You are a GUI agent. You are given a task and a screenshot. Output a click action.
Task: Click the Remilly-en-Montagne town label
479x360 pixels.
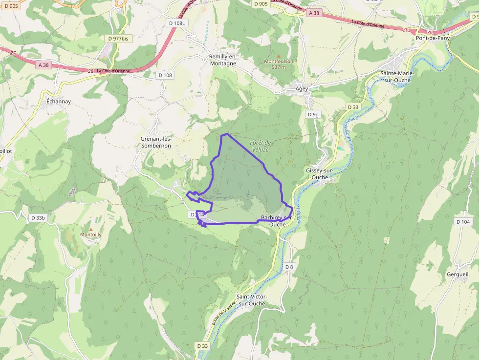point(222,60)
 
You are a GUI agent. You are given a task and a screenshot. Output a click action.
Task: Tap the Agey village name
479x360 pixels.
point(302,89)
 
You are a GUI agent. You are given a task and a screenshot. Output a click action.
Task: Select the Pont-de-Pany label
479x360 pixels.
point(433,38)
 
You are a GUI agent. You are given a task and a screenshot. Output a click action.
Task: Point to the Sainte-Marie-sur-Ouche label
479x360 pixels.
point(397,77)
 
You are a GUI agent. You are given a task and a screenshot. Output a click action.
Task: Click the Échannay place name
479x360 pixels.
point(59,102)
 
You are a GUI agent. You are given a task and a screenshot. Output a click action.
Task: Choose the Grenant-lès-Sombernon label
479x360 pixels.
point(156,142)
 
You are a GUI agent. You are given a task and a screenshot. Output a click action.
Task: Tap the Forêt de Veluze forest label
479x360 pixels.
point(260,146)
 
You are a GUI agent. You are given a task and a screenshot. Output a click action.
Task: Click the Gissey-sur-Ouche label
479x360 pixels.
point(320,173)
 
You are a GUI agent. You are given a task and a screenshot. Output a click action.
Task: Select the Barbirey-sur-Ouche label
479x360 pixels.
point(277,221)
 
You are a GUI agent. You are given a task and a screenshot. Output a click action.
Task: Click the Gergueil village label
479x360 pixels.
point(457,274)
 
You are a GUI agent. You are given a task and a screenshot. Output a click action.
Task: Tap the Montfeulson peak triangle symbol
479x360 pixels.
point(279,56)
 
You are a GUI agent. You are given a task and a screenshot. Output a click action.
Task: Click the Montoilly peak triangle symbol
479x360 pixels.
point(90,229)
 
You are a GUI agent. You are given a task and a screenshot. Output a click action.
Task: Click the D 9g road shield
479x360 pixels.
point(313,114)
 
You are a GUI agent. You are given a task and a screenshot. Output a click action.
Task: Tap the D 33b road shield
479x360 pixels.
point(38,218)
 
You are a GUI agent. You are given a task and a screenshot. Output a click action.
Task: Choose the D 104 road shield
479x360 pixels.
point(463,222)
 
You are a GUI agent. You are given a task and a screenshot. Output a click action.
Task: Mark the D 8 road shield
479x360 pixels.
point(289,267)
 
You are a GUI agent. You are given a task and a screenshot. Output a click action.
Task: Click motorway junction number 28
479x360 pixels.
point(91,71)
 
